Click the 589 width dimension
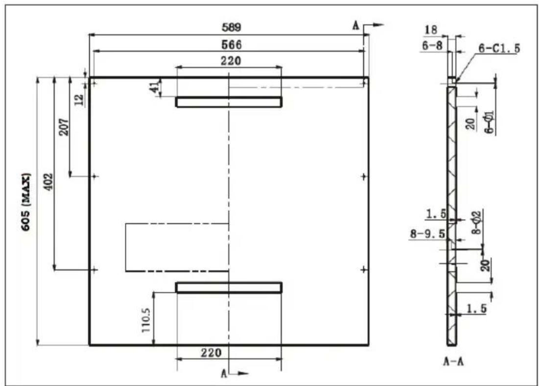coord(232,27)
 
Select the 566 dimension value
coord(232,45)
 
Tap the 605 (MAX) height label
coord(26,202)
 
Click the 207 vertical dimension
coord(64,127)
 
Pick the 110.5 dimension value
coord(146,320)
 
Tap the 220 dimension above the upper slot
coord(231,61)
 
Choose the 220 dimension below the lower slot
coord(211,353)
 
